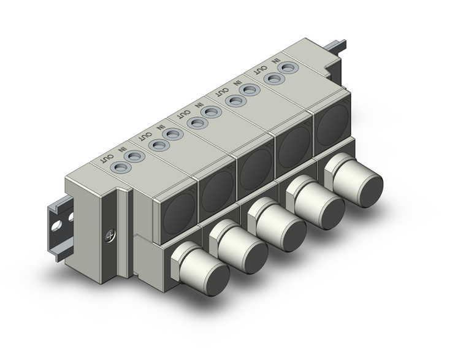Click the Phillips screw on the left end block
[111, 234]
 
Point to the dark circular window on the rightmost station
[330, 123]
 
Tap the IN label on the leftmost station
[121, 149]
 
